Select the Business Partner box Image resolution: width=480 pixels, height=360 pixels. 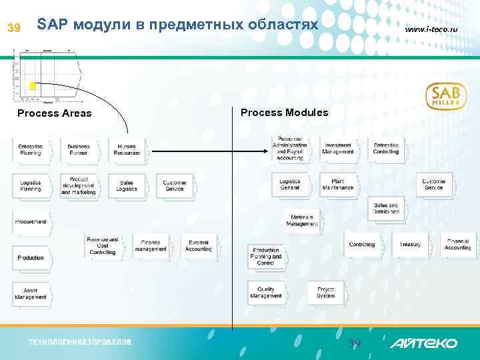pos(79,149)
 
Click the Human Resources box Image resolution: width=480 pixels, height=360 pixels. pos(126,149)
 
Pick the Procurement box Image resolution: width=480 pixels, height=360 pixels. pos(31,221)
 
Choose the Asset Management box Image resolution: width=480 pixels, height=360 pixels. pos(31,293)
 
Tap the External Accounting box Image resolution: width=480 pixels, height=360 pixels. pos(198,245)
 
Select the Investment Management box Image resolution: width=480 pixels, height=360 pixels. pos(338,148)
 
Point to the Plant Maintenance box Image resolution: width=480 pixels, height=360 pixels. pos(338,184)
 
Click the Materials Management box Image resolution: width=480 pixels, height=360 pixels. pos(302,221)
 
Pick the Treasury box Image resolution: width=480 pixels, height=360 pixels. pos(410,245)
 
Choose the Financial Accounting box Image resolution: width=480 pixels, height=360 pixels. pos(458,245)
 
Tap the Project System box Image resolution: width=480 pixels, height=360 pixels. pos(326,292)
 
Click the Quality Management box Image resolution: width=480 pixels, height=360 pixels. pos(266,292)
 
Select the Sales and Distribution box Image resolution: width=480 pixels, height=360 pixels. pos(386,209)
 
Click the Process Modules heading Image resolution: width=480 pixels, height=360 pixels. pos(284,113)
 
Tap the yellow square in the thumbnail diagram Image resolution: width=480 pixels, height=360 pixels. pos(32,86)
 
